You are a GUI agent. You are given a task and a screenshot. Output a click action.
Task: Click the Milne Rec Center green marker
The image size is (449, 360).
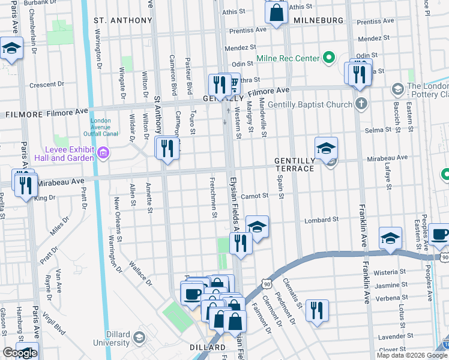click(328, 58)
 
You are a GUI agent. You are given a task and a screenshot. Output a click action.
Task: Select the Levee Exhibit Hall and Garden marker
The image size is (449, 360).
click(103, 154)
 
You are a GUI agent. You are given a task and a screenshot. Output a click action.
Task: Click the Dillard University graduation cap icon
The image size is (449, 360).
click(139, 338)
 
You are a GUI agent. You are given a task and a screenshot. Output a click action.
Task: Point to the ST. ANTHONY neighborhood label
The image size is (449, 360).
click(123, 20)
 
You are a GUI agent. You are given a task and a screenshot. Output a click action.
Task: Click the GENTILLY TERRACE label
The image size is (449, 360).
click(294, 165)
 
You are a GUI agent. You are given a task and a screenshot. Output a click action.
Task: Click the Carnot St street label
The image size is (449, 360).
click(254, 196)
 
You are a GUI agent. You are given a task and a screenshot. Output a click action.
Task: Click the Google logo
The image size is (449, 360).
click(19, 353)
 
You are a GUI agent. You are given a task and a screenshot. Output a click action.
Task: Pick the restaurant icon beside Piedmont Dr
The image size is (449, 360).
click(316, 310)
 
